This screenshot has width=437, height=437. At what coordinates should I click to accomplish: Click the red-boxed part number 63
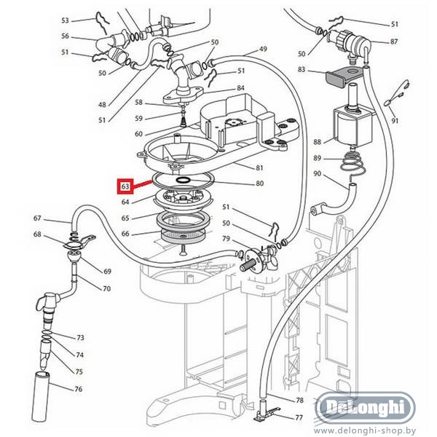[x=126, y=187]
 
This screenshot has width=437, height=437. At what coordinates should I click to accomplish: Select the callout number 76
[x=78, y=389]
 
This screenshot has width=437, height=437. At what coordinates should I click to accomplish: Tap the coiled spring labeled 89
[x=353, y=164]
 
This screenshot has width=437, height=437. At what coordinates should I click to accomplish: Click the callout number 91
[x=395, y=120]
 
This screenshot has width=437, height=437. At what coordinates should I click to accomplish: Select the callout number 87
[x=394, y=42]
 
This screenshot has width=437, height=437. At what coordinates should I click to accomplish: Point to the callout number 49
[x=263, y=49]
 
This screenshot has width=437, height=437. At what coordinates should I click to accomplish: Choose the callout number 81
[x=259, y=168]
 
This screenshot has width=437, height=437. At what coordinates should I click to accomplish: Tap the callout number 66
[x=125, y=234]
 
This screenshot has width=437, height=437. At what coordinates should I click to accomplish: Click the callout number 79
[x=226, y=239]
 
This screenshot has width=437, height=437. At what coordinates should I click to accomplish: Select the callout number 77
[x=299, y=417]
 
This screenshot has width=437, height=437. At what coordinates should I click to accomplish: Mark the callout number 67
[x=37, y=218]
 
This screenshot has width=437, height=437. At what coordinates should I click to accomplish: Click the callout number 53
[x=65, y=20]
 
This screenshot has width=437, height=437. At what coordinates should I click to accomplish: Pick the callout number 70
[x=106, y=289]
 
